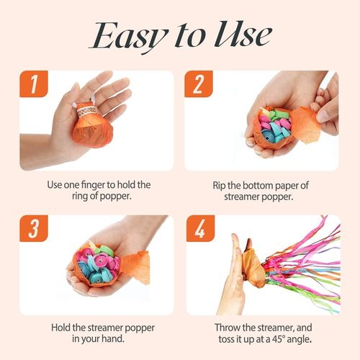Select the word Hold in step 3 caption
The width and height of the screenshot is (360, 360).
click(x=62, y=328)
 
